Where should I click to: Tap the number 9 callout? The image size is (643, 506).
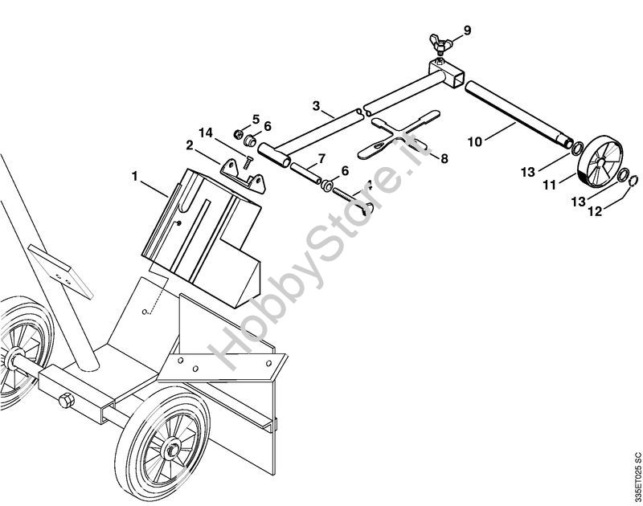[467, 31]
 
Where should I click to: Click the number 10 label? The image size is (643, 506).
[474, 142]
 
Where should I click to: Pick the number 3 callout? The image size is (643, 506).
[316, 106]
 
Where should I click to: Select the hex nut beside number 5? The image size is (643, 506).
[240, 133]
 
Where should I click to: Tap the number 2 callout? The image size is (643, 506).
[190, 145]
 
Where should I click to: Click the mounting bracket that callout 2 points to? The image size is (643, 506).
[241, 177]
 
